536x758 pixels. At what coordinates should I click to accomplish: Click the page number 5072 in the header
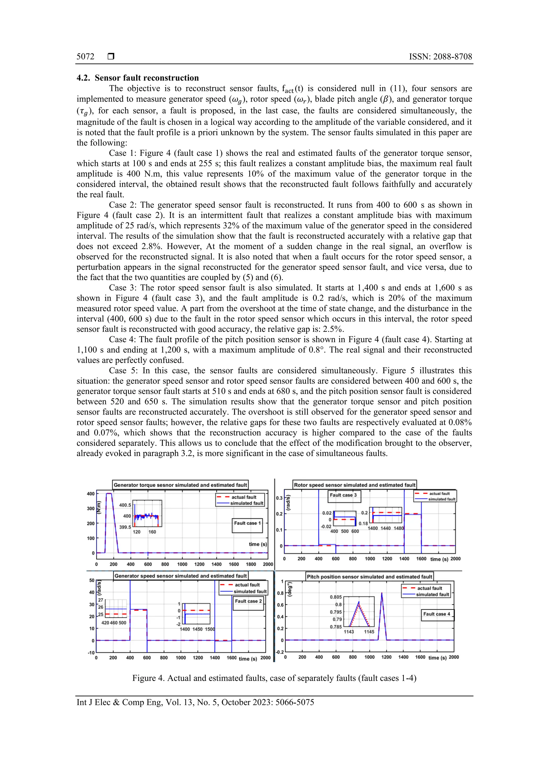click(85, 57)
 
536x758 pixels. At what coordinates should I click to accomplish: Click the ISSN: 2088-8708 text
click(440, 57)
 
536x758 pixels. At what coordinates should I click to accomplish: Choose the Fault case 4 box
click(437, 614)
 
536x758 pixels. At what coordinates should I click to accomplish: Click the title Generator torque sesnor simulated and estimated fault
click(180, 485)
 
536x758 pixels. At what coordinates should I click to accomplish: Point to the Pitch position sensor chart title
click(369, 577)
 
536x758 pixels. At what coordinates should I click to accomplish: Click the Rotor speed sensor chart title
click(354, 485)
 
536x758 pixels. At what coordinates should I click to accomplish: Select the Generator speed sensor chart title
click(180, 576)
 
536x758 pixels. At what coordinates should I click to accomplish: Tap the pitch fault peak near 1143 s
click(382, 593)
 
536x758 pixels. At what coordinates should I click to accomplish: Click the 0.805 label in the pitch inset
click(336, 597)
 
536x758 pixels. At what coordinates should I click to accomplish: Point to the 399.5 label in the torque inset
click(125, 527)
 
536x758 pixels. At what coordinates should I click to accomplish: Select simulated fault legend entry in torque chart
click(246, 503)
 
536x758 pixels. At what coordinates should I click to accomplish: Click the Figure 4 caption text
click(274, 678)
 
